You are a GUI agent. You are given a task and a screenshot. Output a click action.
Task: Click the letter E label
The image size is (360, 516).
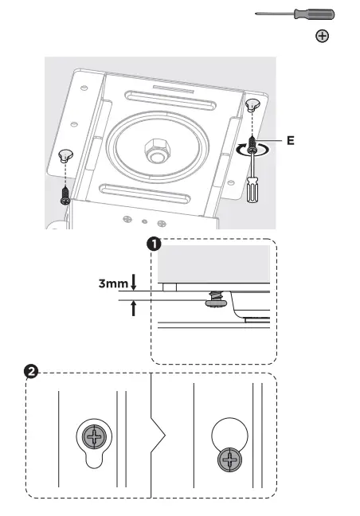point(290,140)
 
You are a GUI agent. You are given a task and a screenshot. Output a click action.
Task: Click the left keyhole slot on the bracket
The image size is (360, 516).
point(65,156)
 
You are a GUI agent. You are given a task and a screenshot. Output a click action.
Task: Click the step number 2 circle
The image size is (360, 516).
point(31,372)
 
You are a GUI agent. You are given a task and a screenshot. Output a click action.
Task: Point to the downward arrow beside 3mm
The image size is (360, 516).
point(134,280)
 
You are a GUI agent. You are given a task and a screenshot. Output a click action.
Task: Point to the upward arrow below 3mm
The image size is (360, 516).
point(134,308)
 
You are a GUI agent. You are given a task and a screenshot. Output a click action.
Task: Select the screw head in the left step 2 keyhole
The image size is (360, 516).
point(94,434)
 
